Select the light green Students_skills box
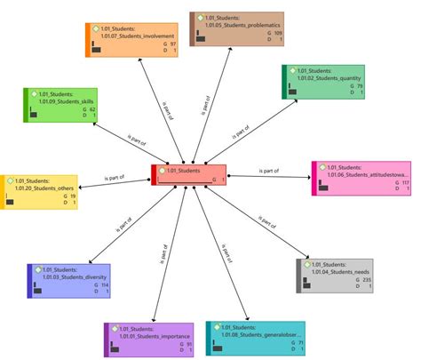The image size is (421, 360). coord(63,106)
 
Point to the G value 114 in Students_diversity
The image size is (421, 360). coord(104,285)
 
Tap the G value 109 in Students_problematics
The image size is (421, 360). coord(277,33)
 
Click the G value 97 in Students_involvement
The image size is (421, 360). coord(173,44)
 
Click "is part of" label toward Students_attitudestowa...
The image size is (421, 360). coord(269,171)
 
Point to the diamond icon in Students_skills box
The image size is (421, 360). coord(33,92)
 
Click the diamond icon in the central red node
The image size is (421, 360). coord(162,169)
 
